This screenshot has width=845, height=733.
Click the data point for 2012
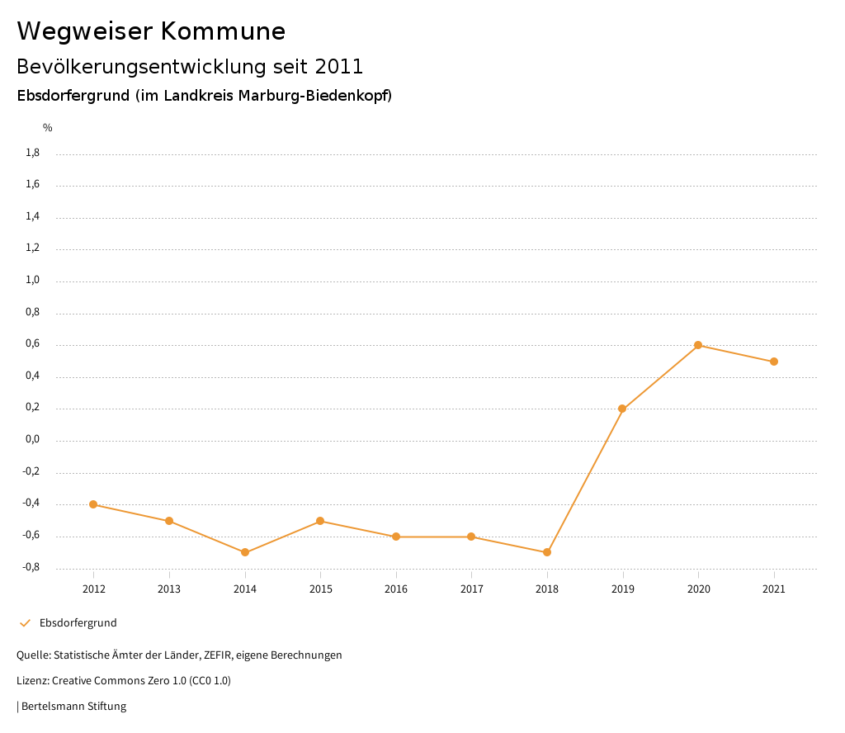(93, 504)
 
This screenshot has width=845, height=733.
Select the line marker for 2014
(245, 552)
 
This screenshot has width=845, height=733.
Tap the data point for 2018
(547, 552)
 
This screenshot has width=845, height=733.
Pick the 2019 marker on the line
(622, 409)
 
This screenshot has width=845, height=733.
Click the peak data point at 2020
(698, 345)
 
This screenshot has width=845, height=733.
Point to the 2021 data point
(774, 362)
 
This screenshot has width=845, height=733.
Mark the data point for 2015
(320, 521)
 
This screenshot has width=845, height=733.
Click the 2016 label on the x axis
(396, 589)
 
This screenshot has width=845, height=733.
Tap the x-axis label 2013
(169, 589)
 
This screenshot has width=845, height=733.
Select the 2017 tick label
(471, 589)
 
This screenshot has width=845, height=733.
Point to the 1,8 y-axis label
(33, 153)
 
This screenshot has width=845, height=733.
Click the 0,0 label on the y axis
(33, 440)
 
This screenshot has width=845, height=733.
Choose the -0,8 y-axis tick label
(31, 568)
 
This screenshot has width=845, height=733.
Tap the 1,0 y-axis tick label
(33, 281)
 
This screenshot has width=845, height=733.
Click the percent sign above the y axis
(48, 128)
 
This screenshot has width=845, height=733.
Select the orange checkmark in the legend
(25, 623)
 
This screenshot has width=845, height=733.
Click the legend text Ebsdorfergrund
(78, 623)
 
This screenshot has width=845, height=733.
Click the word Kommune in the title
(223, 31)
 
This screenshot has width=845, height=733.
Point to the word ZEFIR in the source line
(218, 655)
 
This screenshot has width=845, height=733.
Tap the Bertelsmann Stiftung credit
(73, 707)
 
